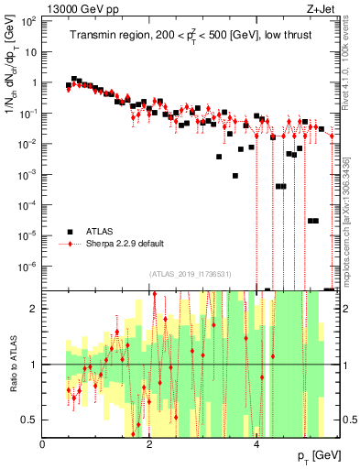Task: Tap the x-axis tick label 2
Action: pos(149,444)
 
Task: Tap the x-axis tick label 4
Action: pos(256,444)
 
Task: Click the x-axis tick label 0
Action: pos(43,444)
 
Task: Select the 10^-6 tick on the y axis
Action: pos(28,266)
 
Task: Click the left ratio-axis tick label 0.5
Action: pos(29,420)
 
